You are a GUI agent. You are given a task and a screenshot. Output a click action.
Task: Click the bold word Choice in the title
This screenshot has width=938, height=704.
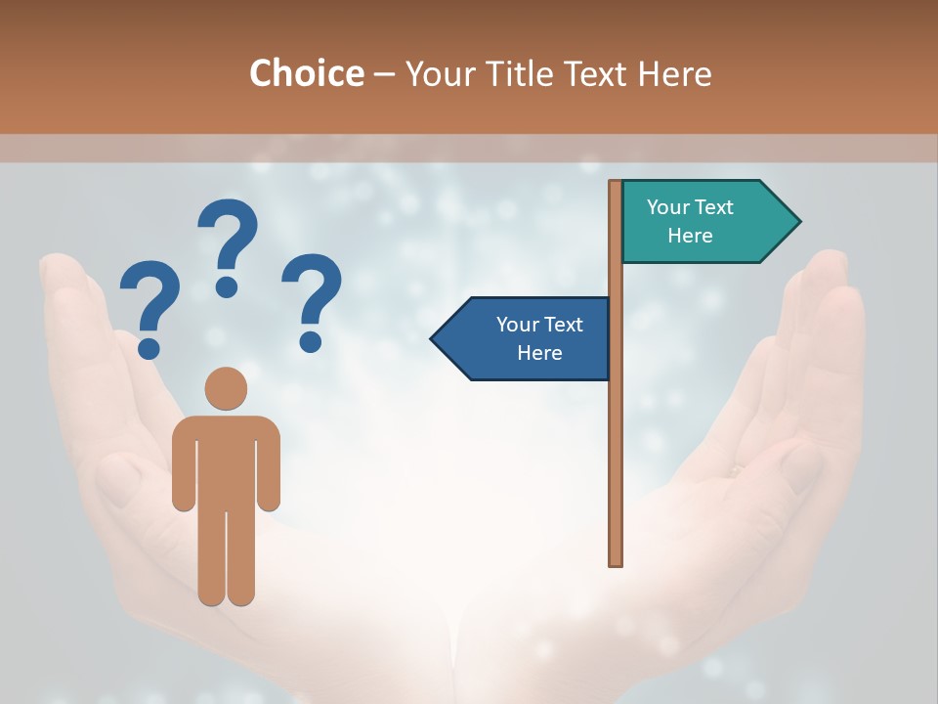tap(306, 73)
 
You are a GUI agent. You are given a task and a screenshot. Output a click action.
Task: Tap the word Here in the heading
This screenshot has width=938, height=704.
tap(674, 74)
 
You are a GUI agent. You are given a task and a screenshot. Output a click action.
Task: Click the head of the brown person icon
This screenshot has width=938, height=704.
tap(226, 388)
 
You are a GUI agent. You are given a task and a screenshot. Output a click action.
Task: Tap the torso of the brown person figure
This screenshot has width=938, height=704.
tap(226, 460)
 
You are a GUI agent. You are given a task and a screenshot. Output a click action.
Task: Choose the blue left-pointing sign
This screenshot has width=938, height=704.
tap(523, 338)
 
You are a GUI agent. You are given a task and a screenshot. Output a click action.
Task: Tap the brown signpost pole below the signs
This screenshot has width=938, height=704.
tap(616, 469)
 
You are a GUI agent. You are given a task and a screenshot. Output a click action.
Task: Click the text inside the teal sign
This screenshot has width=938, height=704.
tap(690, 221)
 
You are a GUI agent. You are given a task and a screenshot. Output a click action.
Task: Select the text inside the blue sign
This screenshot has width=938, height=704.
tap(539, 338)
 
